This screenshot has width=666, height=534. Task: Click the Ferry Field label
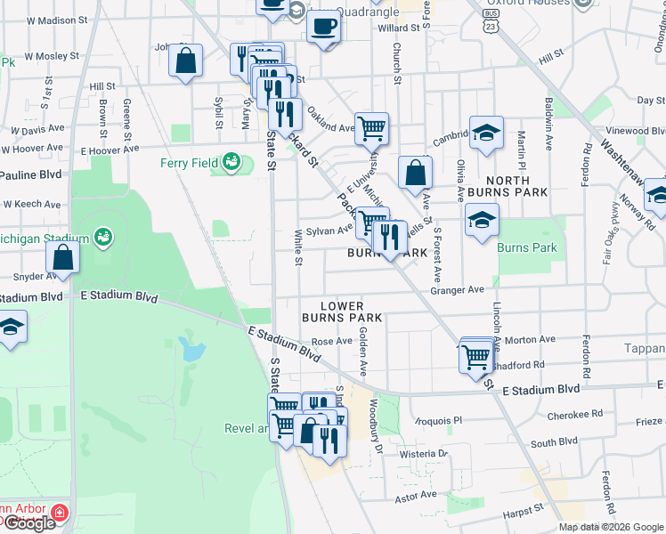pyautogui.click(x=189, y=163)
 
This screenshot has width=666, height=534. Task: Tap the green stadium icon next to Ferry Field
pyautogui.click(x=231, y=162)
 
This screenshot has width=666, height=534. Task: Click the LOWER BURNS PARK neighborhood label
pyautogui.click(x=342, y=311)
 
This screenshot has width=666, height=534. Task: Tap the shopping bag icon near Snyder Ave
pyautogui.click(x=62, y=258)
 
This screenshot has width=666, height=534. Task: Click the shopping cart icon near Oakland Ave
pyautogui.click(x=370, y=127)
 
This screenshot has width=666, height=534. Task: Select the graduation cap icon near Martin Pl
pyautogui.click(x=486, y=133)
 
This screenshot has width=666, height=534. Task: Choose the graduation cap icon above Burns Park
pyautogui.click(x=481, y=220)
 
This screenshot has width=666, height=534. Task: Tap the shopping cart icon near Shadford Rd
pyautogui.click(x=476, y=357)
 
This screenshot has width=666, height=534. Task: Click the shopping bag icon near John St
pyautogui.click(x=186, y=62)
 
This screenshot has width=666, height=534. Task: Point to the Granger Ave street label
pyautogui.click(x=456, y=289)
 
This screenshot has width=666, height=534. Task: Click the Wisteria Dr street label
pyautogui.click(x=423, y=454)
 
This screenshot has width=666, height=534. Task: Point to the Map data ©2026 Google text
pyautogui.click(x=611, y=527)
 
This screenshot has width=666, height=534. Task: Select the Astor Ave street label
pyautogui.click(x=416, y=495)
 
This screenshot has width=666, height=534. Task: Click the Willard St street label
pyautogui.click(x=398, y=28)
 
